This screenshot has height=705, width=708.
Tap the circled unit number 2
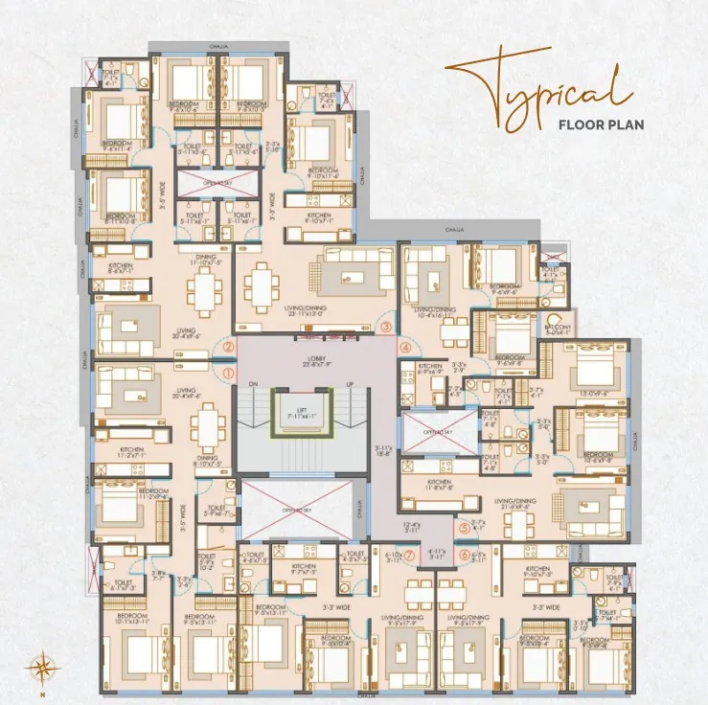point(228,348)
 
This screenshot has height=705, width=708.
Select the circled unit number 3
point(385,327)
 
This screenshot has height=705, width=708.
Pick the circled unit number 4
point(405,348)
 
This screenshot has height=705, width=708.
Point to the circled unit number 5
point(465,527)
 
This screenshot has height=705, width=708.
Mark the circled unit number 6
point(465,554)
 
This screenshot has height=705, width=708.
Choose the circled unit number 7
point(409,554)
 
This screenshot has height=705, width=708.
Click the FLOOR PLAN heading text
point(600,124)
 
